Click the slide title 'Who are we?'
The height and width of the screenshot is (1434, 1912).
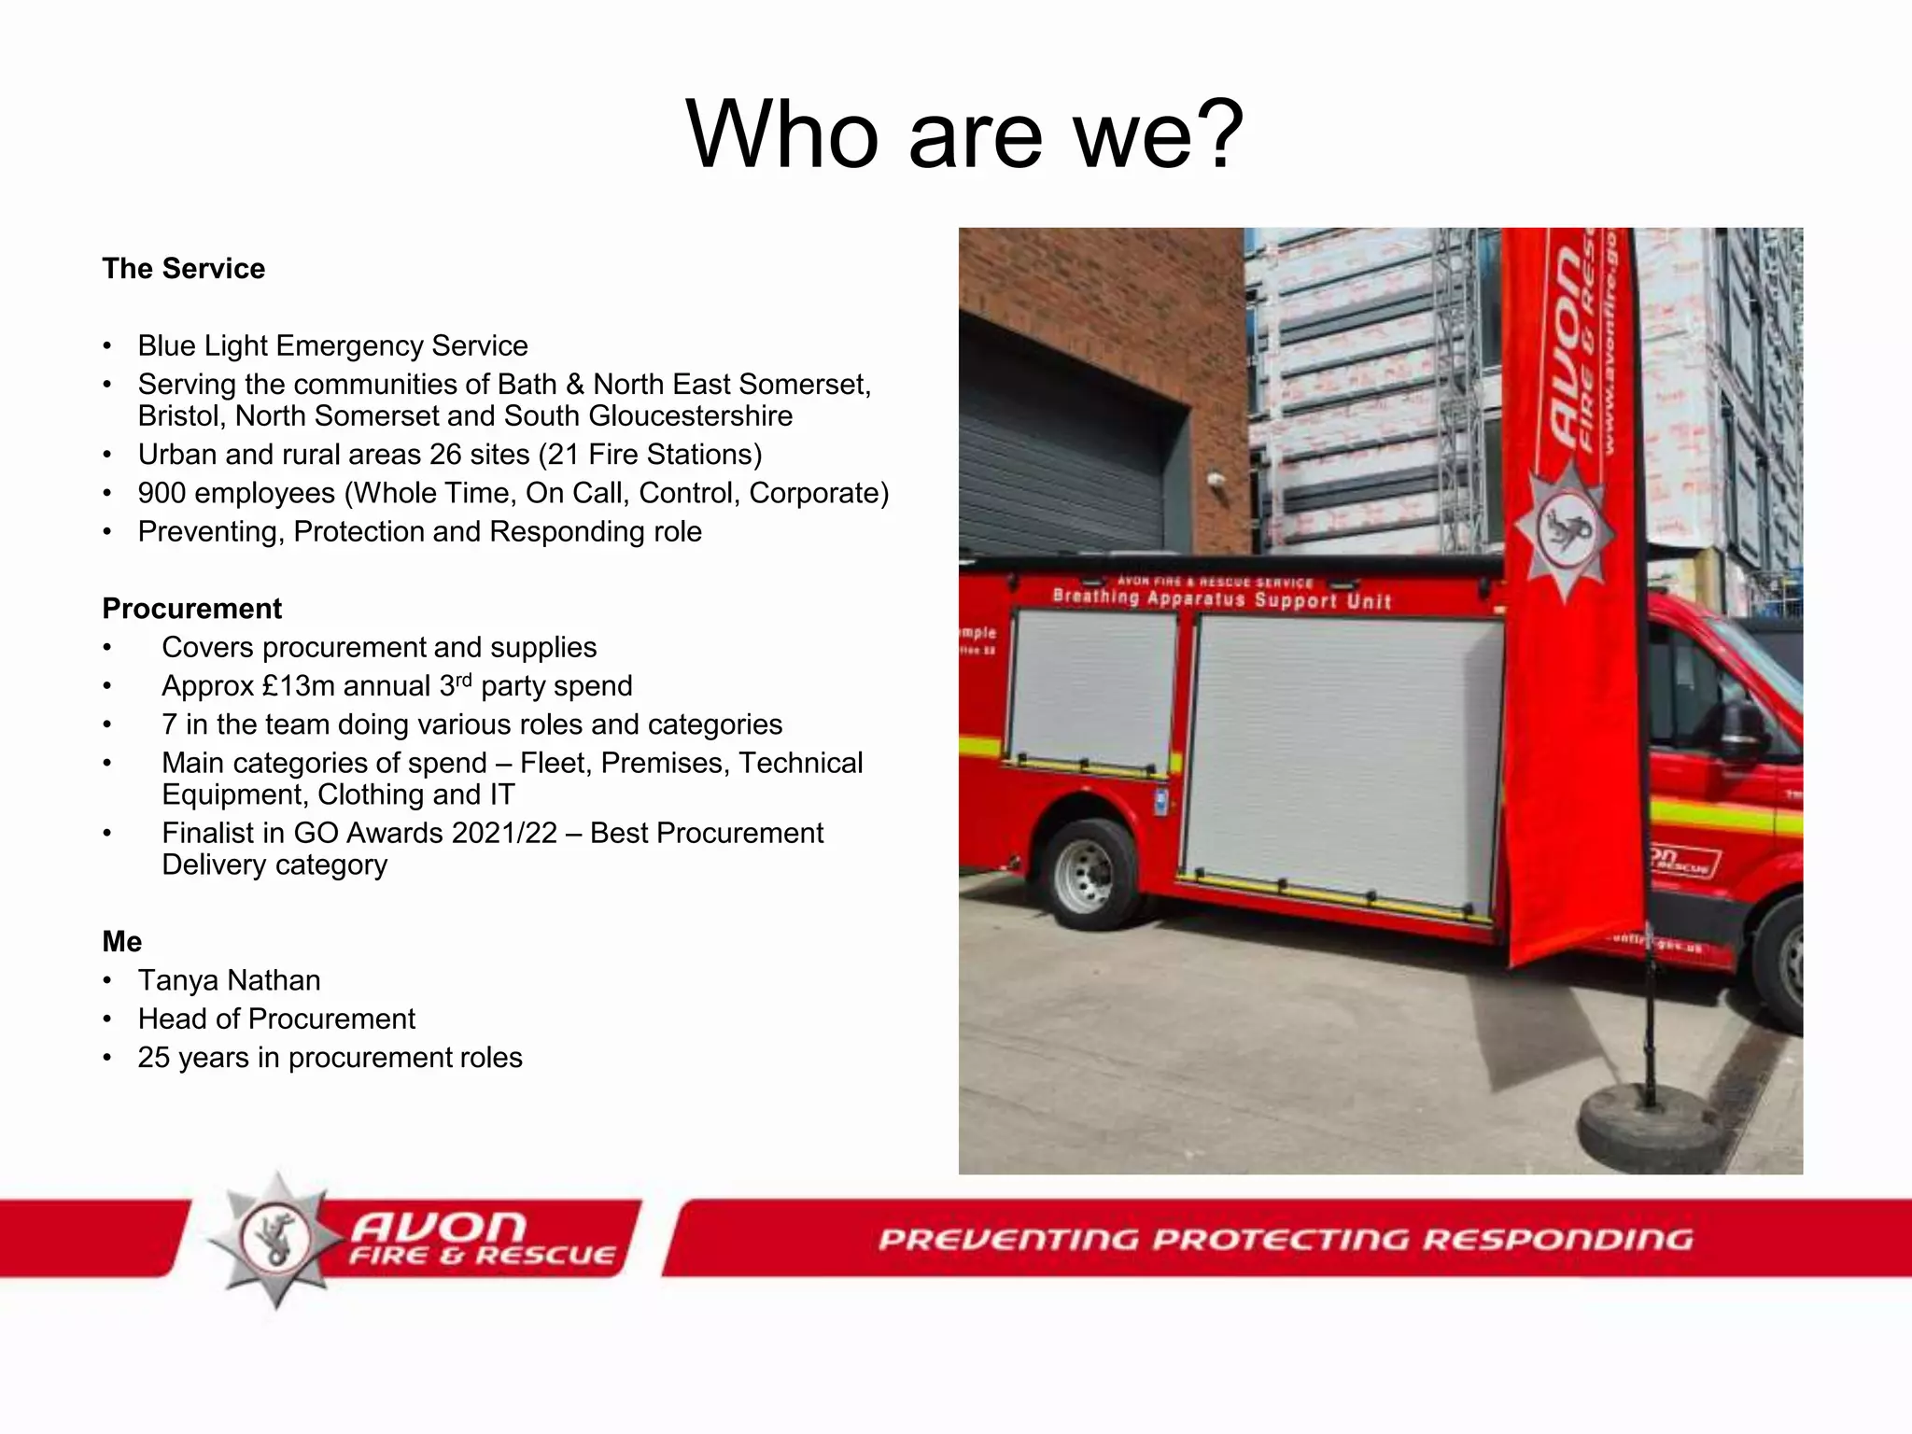pos(964,135)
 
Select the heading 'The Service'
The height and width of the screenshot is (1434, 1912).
pos(184,269)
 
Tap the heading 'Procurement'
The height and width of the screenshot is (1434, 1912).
pos(192,609)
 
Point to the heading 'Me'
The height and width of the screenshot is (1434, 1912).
pos(122,941)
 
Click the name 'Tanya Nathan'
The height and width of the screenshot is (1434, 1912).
pos(230,980)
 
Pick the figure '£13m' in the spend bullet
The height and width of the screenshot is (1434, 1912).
pos(298,686)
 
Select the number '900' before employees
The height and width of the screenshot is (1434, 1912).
pos(162,493)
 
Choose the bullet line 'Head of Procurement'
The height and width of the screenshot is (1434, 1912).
pos(276,1019)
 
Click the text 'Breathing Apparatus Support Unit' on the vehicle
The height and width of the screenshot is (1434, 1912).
pos(1221,598)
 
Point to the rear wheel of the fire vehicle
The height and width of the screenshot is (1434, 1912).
pos(1085,876)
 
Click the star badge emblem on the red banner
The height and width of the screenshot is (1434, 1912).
pos(1566,529)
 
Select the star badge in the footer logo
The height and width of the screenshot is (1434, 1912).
pos(275,1239)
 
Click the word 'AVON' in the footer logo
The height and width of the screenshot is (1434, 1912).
pos(439,1226)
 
